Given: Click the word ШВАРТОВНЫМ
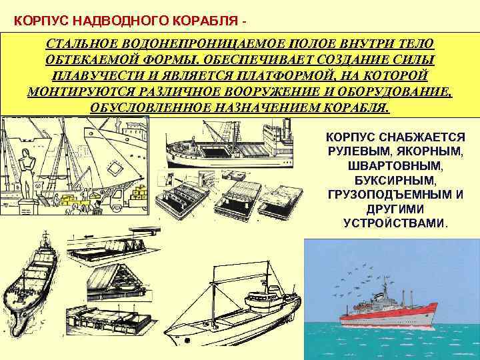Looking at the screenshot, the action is [395, 165].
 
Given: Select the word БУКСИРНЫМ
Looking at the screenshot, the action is [395, 180].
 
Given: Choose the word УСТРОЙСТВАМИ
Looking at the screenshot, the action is [393, 223].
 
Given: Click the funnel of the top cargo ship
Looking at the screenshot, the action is [287, 126].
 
